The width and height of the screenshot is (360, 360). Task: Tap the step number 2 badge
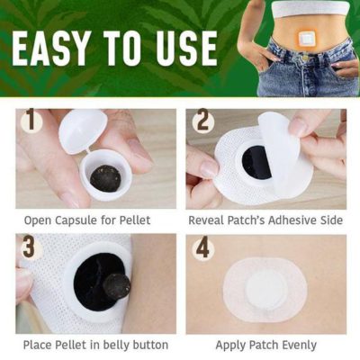click(x=204, y=121)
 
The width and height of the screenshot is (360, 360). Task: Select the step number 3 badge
click(x=31, y=247)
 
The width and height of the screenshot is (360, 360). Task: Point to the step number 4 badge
click(x=204, y=247)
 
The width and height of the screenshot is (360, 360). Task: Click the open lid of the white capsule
click(x=83, y=130)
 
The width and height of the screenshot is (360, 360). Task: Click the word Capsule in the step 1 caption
click(x=75, y=220)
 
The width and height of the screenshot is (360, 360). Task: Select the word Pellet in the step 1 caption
click(x=135, y=220)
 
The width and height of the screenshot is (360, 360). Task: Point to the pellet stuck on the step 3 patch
click(x=117, y=286)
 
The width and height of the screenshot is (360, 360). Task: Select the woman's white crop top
click(x=311, y=8)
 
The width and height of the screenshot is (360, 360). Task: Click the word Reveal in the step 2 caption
click(x=206, y=220)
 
